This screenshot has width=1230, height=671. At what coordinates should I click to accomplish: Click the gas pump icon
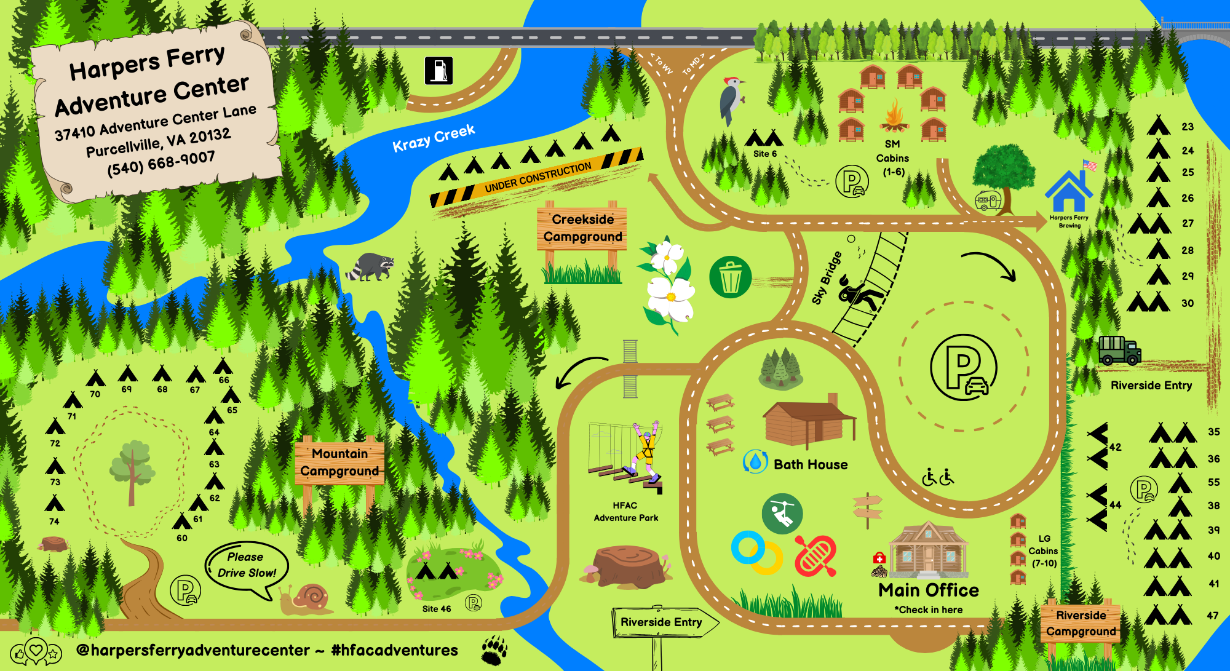[438, 70]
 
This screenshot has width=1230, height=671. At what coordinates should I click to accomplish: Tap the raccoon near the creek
[370, 266]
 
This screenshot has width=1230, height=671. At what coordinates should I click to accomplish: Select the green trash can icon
[730, 277]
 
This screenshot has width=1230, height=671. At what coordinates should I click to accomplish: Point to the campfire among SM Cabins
[894, 117]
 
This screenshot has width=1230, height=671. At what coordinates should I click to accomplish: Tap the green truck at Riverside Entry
[1119, 350]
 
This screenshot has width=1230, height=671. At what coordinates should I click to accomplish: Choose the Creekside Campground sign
[582, 228]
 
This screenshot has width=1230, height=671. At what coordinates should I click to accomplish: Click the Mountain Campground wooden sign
[339, 463]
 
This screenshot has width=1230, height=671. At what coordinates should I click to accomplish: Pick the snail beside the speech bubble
[306, 599]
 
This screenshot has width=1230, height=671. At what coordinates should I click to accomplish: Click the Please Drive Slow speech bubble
[247, 565]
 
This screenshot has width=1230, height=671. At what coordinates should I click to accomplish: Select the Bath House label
[810, 464]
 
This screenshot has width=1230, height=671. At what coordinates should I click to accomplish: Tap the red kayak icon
[815, 555]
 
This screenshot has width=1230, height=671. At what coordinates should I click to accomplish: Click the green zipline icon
[782, 514]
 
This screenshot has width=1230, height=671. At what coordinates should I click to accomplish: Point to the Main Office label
[928, 590]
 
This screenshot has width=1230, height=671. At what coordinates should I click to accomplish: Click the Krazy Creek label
[434, 138]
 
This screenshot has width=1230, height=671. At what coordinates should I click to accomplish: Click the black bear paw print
[494, 650]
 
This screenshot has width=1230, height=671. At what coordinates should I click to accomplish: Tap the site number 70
[95, 394]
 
